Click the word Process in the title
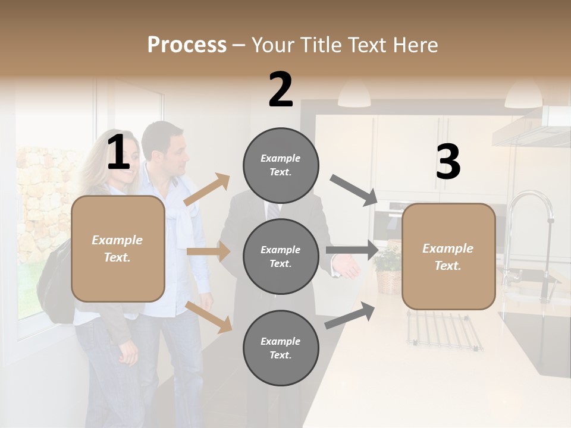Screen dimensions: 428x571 click(187, 45)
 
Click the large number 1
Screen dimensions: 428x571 click(118, 153)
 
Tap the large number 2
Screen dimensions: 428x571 click(281, 90)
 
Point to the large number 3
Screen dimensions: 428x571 click(448, 162)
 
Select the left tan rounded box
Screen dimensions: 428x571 click(118, 248)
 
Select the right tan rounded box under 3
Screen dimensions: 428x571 click(448, 256)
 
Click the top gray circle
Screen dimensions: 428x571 click(281, 165)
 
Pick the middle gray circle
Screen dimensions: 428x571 click(281, 256)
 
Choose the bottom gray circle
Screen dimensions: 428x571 click(281, 348)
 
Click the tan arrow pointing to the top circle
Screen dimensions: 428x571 click(207, 190)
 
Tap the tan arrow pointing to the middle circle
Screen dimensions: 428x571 click(208, 251)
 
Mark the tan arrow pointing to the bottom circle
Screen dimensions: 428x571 click(209, 317)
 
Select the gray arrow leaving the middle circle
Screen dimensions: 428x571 click(352, 250)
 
